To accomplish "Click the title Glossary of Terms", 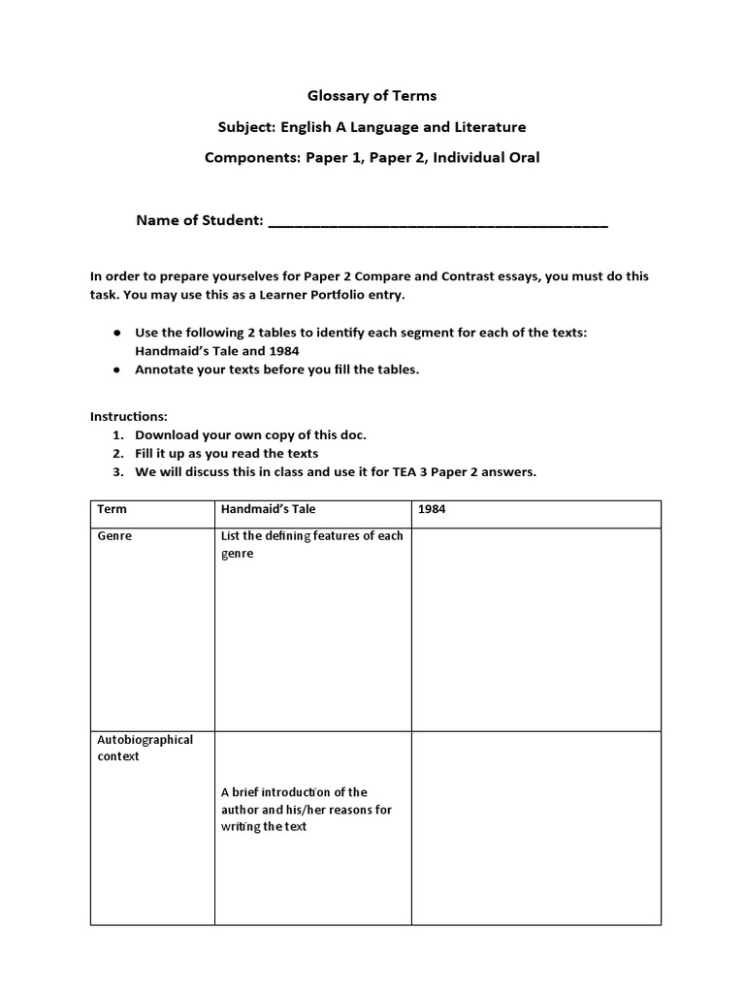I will tap(372, 95).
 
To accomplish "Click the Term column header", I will tap(112, 509).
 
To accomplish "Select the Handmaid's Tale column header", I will tap(268, 509).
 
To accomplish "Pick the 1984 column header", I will tap(432, 509).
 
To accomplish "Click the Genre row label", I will tap(113, 536).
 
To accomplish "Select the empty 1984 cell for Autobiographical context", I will tap(536, 827).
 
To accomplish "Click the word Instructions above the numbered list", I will tap(129, 416).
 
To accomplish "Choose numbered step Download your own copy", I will tap(251, 434).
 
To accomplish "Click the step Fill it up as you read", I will tap(226, 453).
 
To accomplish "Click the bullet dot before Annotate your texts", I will tap(116, 369).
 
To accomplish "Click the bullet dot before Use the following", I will tap(116, 333).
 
